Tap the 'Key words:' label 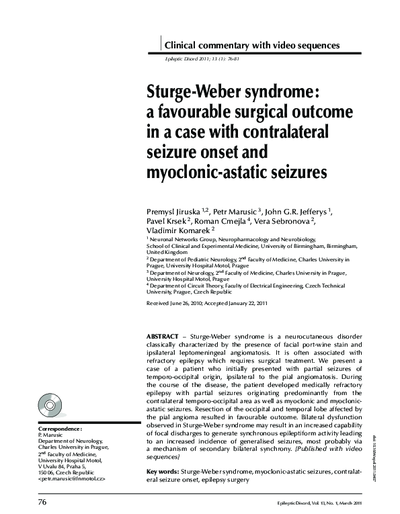pyautogui.click(x=162, y=472)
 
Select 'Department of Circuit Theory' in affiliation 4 pyautogui.click(x=194, y=286)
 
